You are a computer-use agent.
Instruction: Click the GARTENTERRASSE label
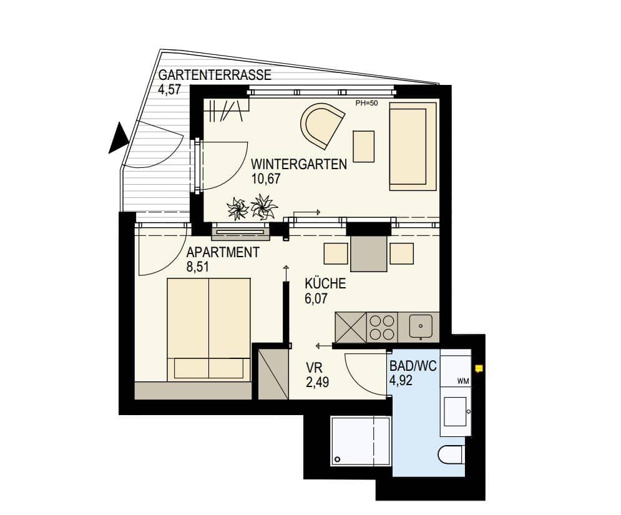coord(215,76)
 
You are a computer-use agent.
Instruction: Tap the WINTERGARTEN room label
coord(299,165)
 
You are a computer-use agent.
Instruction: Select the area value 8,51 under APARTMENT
coord(198,267)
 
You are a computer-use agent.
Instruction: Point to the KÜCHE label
coord(325,284)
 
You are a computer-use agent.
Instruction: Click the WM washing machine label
coord(462,380)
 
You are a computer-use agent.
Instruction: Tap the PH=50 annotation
coord(366,104)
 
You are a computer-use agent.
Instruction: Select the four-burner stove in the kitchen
coord(382,326)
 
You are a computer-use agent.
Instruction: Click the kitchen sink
coord(421,326)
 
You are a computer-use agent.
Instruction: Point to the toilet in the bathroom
coord(451,454)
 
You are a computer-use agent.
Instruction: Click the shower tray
coord(360,441)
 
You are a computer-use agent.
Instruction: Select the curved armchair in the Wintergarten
coord(321,125)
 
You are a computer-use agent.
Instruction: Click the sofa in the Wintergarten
coord(412,145)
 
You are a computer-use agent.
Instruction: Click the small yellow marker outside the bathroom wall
coord(479,368)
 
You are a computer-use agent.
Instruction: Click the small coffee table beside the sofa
coord(363,146)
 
